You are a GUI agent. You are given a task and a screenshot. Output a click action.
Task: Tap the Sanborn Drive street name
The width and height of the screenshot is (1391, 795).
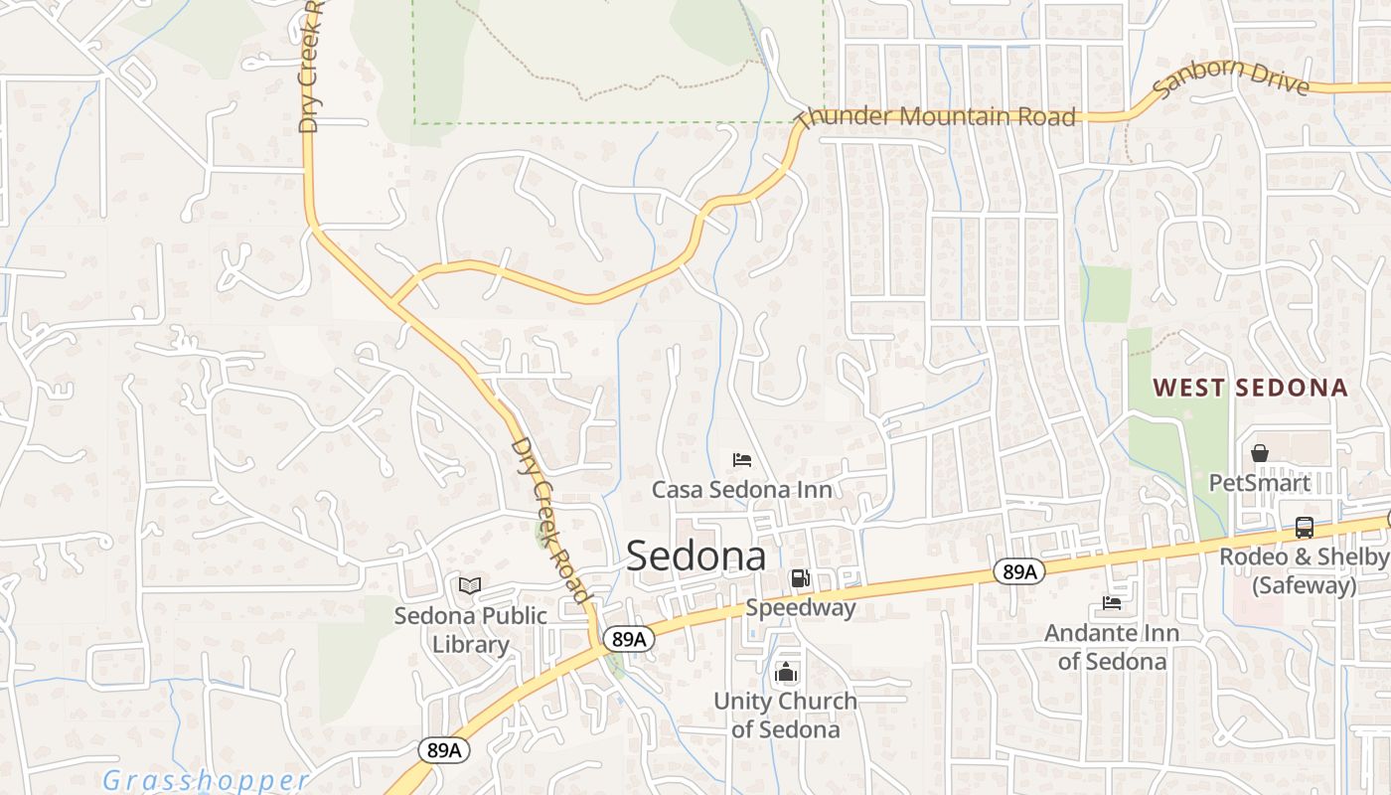coord(1231,79)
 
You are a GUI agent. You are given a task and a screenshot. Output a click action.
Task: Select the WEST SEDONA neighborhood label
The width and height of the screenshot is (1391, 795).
coord(1250,388)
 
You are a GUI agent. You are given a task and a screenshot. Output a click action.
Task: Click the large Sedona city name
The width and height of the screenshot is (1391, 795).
coord(696,556)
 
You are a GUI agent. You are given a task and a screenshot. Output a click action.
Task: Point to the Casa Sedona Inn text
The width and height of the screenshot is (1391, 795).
coord(742,489)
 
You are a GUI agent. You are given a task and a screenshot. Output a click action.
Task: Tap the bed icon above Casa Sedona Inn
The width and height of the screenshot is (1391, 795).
coord(742,460)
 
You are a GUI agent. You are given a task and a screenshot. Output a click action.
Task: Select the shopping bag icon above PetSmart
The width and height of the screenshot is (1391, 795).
coord(1260,454)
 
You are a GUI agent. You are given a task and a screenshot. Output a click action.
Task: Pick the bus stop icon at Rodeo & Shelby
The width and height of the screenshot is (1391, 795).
coord(1305,528)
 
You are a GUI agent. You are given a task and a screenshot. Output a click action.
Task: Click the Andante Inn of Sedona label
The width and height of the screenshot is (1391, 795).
coord(1112,647)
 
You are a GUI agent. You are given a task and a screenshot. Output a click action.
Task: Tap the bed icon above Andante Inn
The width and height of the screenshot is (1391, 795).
coord(1112,603)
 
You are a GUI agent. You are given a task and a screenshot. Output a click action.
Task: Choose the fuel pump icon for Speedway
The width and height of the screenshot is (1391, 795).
coord(800,578)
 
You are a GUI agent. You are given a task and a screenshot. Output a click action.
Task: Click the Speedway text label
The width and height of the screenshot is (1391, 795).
coord(801,607)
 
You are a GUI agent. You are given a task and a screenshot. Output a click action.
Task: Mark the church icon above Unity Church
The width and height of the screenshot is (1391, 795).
coord(786,673)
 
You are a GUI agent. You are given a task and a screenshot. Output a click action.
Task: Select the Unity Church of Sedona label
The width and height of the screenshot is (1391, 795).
coord(785,715)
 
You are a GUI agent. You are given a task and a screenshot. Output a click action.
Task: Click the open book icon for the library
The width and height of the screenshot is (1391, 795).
coord(470,586)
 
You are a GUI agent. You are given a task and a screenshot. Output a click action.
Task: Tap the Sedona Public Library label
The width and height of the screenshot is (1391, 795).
coord(471,630)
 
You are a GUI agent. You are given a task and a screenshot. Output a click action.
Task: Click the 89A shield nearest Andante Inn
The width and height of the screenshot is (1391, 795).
coord(1019,571)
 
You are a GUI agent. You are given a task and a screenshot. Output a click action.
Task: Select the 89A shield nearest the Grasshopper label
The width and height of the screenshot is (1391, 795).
coord(443,750)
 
